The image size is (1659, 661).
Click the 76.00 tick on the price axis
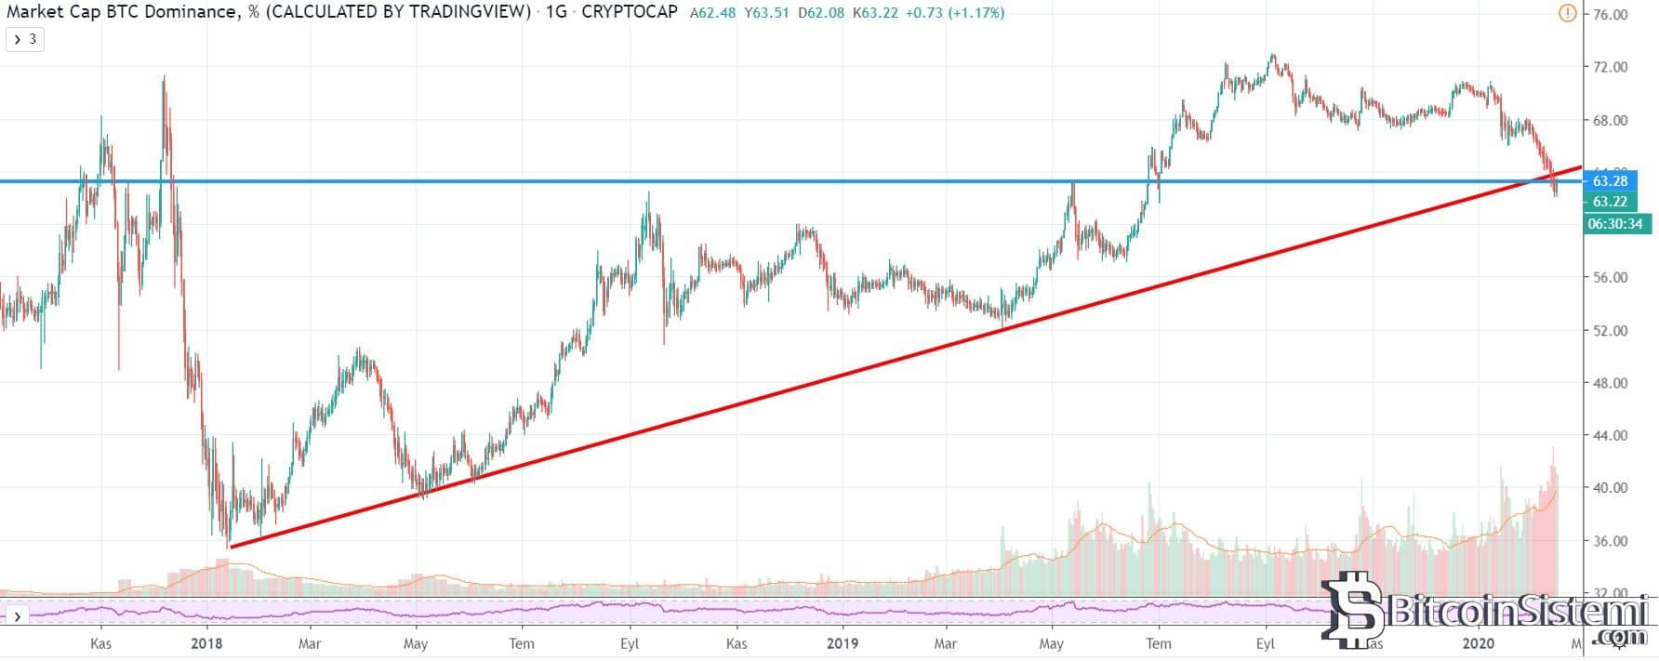pos(1610,15)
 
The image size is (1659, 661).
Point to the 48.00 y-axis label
pos(1610,383)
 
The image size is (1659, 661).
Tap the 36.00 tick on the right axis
pos(1610,541)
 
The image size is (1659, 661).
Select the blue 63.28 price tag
pos(1609,180)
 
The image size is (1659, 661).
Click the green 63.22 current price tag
pos(1609,202)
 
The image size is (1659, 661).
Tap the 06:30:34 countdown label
pos(1614,224)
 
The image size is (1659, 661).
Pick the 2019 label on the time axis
pos(843,643)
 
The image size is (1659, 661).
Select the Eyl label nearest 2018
pos(630,643)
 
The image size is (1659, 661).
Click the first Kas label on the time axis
pos(101,643)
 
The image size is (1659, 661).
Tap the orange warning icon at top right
pos(1567,13)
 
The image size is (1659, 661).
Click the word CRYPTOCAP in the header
pos(629,13)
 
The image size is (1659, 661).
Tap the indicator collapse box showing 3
pos(25,39)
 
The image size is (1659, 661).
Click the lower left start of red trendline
pos(230,547)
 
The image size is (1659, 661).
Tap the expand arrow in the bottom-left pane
pos(17,616)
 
